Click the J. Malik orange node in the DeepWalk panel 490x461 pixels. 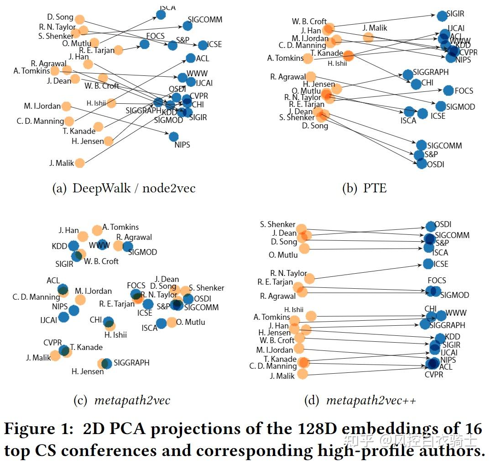[x=79, y=163]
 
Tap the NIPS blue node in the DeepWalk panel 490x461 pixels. [x=173, y=136]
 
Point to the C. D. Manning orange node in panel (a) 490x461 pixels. [x=69, y=121]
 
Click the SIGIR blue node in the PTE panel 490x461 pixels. [x=442, y=16]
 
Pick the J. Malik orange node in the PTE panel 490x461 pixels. [x=368, y=37]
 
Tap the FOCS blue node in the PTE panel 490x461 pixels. [x=448, y=90]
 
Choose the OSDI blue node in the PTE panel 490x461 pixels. [x=422, y=164]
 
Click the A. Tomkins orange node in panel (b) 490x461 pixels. [x=308, y=58]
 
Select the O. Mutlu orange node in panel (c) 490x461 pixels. [x=172, y=322]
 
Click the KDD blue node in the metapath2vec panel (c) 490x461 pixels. [x=73, y=246]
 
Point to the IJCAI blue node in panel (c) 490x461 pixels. [x=63, y=317]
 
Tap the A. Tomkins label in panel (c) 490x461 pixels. [x=120, y=227]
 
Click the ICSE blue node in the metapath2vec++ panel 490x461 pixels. [x=428, y=264]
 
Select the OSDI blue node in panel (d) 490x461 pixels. [x=431, y=226]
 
